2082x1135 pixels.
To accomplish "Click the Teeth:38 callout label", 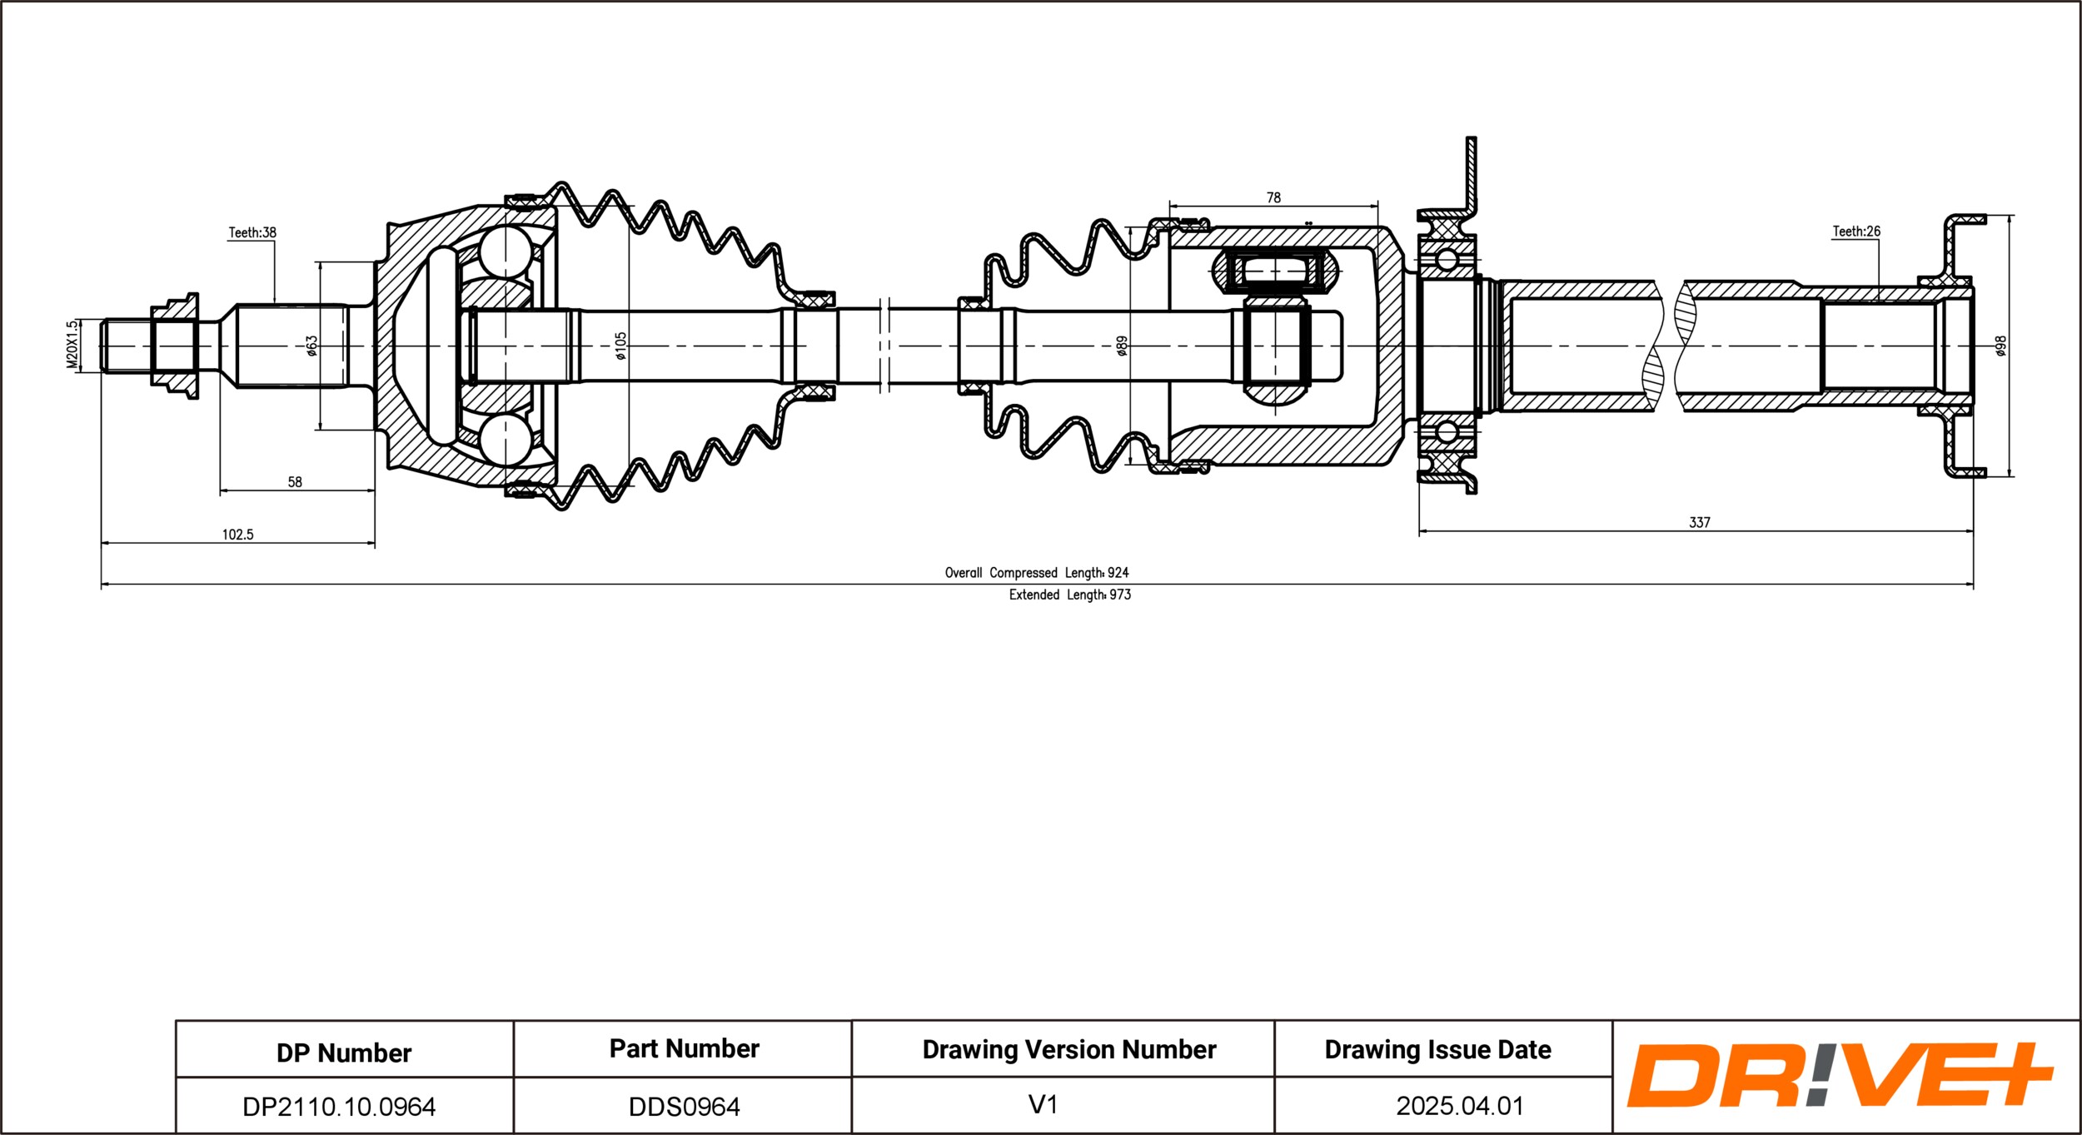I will (252, 232).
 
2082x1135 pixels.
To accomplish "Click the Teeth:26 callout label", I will (1856, 231).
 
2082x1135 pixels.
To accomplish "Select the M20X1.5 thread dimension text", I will (72, 344).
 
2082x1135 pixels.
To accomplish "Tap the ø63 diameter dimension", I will (311, 346).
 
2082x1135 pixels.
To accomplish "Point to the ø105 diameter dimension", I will (620, 346).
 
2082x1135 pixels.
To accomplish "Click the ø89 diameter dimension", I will (1122, 346).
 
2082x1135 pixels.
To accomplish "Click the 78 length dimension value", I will (1273, 197).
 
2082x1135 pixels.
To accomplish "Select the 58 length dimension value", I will (295, 481).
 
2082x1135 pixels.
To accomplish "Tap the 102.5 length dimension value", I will (237, 535).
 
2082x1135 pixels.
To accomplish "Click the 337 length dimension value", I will (1700, 522).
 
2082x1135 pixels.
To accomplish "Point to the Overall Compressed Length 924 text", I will (1037, 573).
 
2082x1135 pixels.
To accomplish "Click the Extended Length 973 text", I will (1070, 595).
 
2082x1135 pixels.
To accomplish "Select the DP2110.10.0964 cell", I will (339, 1107).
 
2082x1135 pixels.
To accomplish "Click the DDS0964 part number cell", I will (684, 1107).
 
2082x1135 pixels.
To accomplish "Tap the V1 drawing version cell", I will (1043, 1104).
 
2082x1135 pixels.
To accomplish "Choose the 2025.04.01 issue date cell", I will (1460, 1106).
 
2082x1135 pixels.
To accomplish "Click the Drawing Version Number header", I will (1069, 1049).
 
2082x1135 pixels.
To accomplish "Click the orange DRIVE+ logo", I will (1840, 1075).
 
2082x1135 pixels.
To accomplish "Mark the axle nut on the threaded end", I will (175, 346).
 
